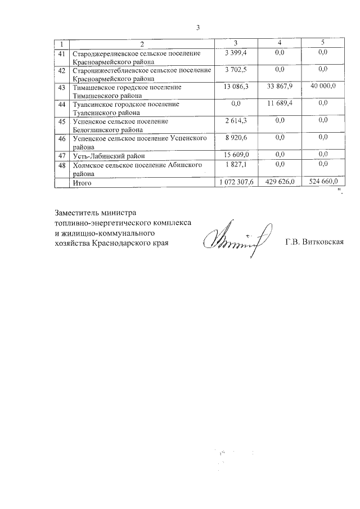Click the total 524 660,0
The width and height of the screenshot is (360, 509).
pyautogui.click(x=322, y=183)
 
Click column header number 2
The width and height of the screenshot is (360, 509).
pyautogui.click(x=142, y=44)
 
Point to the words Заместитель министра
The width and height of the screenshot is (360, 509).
pyautogui.click(x=96, y=213)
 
